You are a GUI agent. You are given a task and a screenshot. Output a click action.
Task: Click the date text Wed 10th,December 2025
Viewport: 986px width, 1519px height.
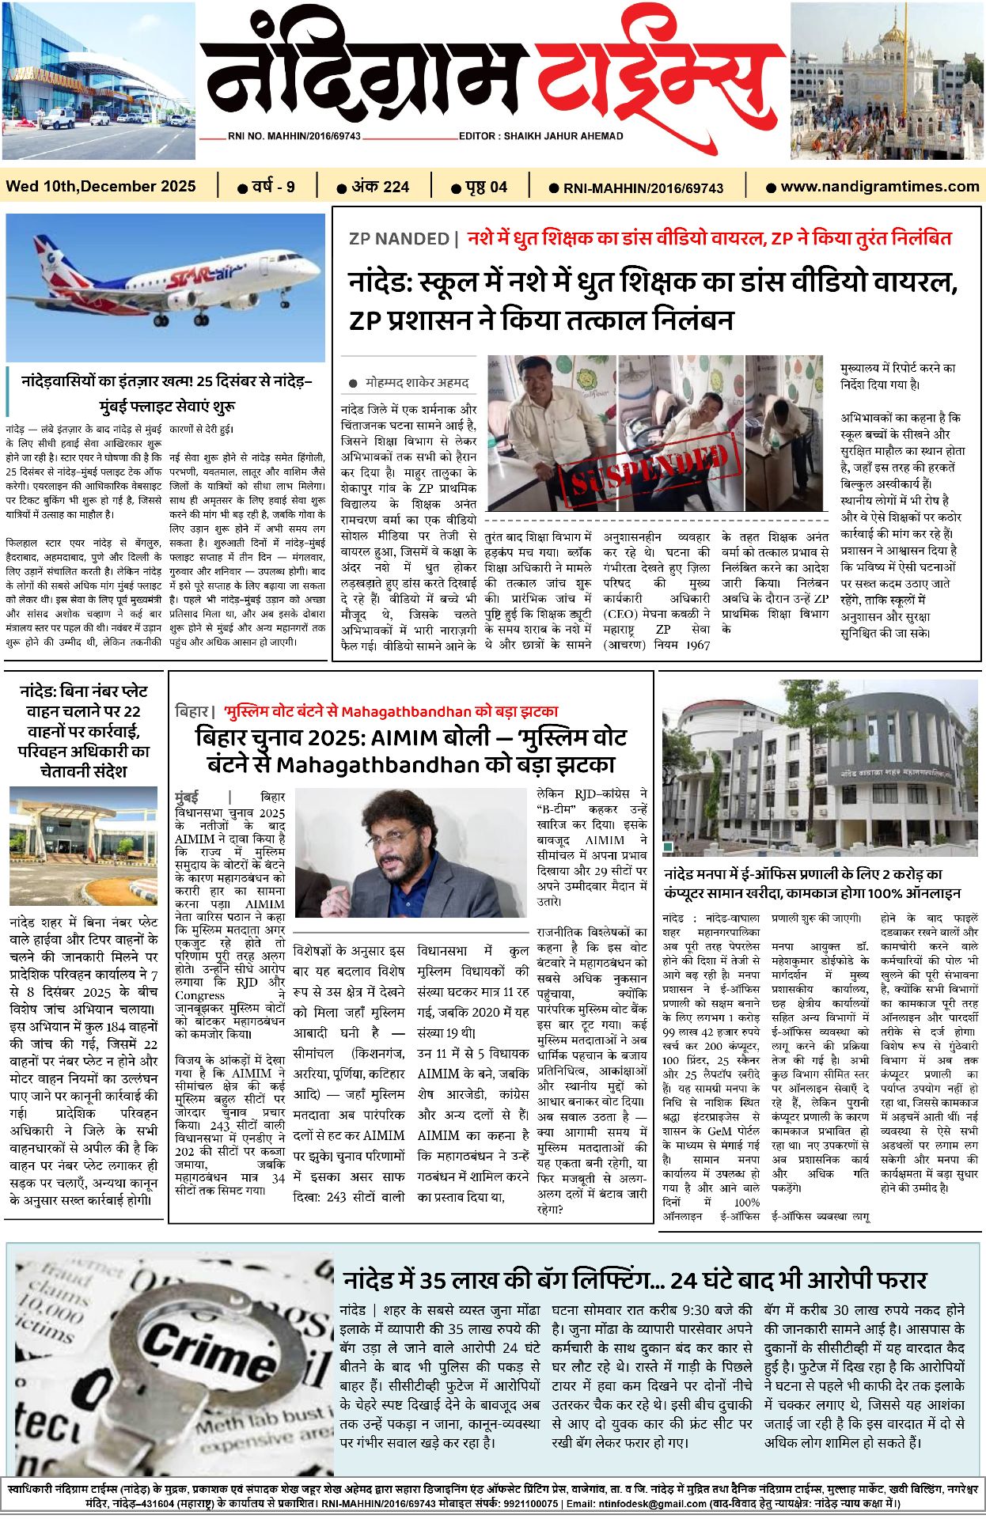click(x=100, y=187)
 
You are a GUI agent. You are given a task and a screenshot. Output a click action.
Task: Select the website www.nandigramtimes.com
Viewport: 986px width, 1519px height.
click(x=879, y=187)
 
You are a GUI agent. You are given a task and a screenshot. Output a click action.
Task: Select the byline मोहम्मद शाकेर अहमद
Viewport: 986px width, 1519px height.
click(x=417, y=383)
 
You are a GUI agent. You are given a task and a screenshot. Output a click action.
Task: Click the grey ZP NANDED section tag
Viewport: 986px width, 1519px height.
click(x=399, y=239)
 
